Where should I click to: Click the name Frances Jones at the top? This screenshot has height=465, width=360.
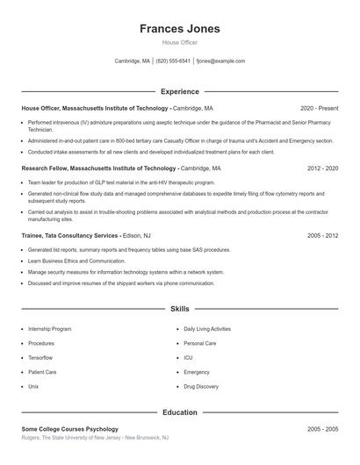pos(180,29)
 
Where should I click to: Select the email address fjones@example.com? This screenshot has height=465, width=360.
pos(220,61)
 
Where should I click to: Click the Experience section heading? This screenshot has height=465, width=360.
pos(180,91)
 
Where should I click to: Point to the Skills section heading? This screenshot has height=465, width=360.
pos(180,309)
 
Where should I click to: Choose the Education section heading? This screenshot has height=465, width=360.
pos(180,411)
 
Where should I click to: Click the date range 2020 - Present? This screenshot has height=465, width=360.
pos(319,108)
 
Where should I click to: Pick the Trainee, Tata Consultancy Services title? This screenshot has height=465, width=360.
pos(69,236)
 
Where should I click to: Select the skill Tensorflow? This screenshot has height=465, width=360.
pos(41,358)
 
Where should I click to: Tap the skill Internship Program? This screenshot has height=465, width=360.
pos(50,329)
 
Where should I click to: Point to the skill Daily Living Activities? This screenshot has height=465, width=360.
pos(207,329)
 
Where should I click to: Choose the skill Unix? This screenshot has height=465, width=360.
pos(33,386)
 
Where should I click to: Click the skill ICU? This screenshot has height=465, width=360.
pos(188,358)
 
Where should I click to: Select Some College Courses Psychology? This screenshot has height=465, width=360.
pos(69,429)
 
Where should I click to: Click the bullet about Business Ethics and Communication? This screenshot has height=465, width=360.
pos(76,261)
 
